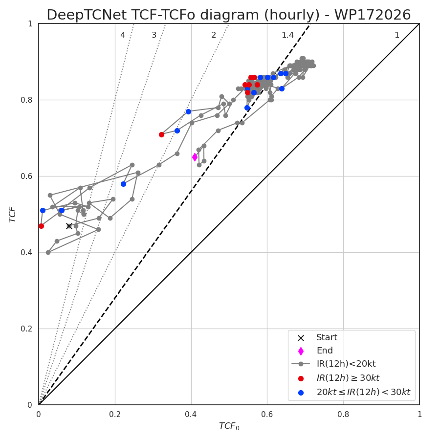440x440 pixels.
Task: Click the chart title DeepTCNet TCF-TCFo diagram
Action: coord(229,15)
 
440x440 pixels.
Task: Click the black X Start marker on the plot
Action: coord(69,226)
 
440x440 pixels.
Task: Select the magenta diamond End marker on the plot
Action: coord(195,157)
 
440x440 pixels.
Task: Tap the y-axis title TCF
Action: coord(12,215)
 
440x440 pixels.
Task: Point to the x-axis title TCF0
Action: coord(229,426)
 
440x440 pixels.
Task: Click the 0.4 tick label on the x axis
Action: coord(191,415)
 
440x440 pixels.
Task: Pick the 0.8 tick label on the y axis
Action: coord(26,100)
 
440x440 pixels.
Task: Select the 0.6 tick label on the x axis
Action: coord(267,415)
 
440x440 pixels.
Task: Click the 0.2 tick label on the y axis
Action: coord(26,329)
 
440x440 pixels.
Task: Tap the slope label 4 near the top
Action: coord(123,35)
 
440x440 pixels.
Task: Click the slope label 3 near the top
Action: coord(154,35)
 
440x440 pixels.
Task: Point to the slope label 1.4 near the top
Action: coord(287,35)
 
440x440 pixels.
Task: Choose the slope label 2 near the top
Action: coord(214,35)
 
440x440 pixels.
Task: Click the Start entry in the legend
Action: coord(327,337)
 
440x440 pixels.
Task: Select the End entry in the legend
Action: coord(325,351)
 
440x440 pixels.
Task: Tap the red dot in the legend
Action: coord(301,378)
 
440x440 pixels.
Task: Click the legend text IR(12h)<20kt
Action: coord(346,364)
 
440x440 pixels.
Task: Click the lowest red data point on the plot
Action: coord(41,226)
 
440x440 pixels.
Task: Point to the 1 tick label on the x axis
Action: coord(419,415)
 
